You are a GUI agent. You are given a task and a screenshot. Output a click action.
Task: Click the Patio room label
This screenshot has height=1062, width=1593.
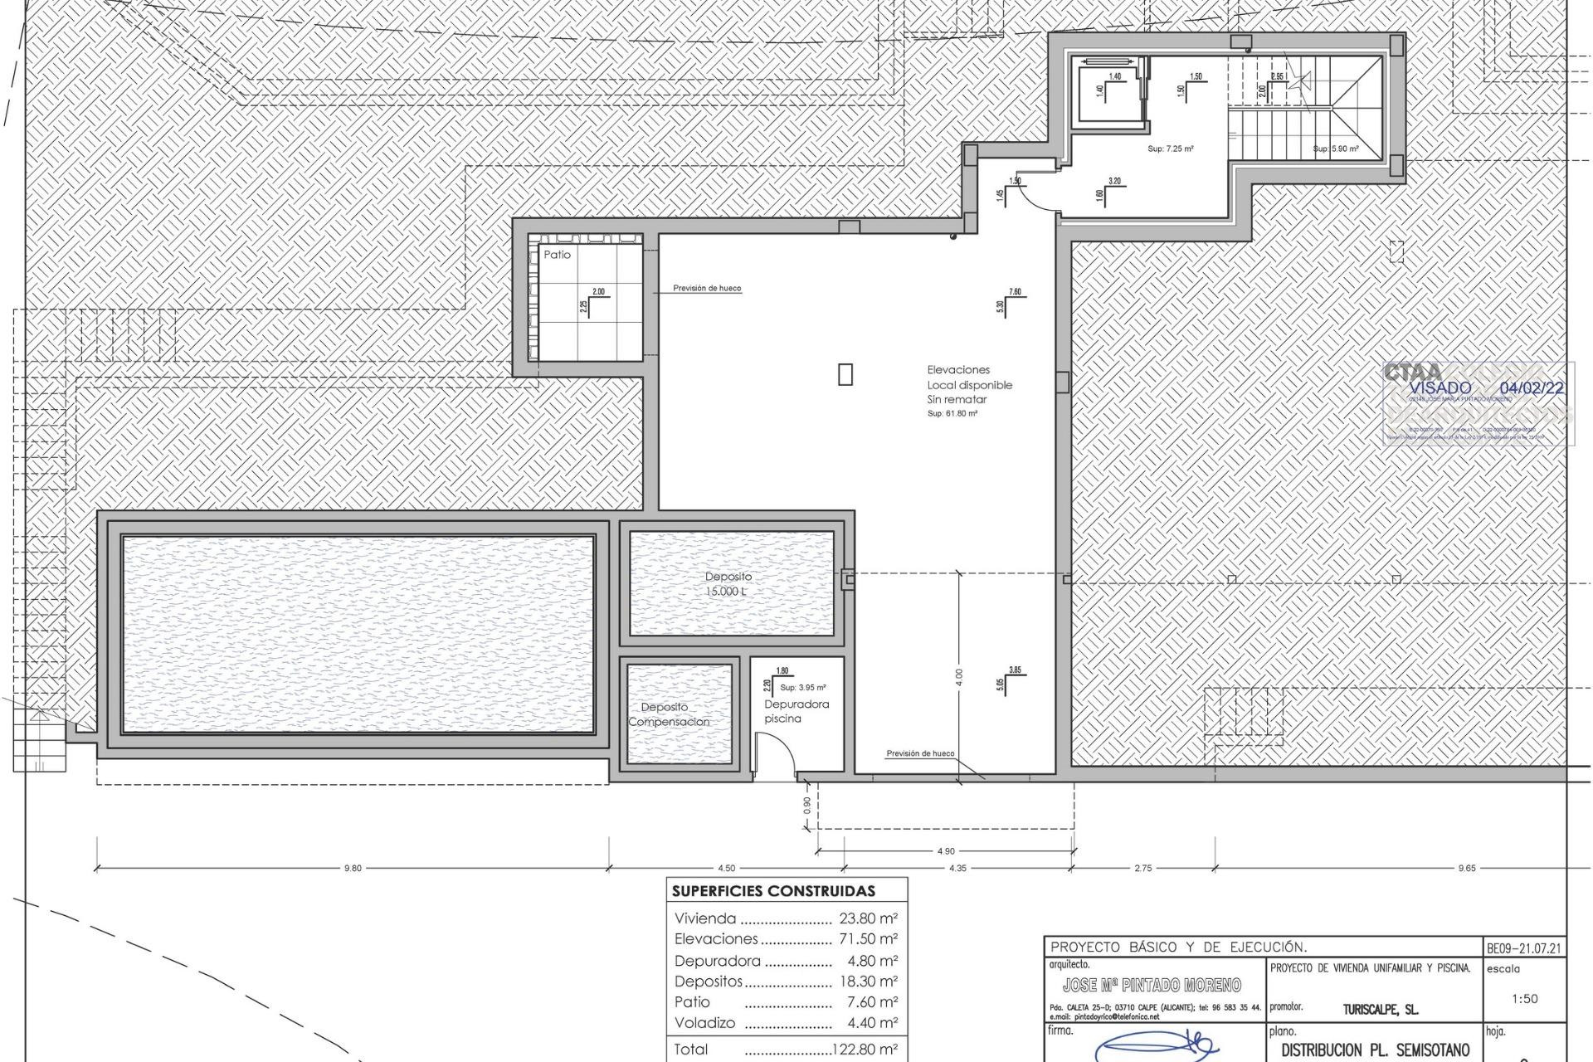click(x=557, y=255)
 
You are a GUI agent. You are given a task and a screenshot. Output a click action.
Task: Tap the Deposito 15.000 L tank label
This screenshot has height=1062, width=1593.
click(x=728, y=583)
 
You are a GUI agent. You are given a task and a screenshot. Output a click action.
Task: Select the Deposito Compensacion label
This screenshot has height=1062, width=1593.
click(x=669, y=714)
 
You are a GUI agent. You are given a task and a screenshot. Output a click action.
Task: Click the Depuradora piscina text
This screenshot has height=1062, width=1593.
click(x=796, y=711)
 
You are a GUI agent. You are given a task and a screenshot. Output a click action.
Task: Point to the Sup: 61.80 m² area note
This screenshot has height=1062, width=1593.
click(x=952, y=413)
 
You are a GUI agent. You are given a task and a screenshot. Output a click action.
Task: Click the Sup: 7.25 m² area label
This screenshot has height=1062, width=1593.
click(x=1170, y=149)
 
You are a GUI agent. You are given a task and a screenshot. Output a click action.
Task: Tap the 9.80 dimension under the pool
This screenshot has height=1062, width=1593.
click(x=353, y=869)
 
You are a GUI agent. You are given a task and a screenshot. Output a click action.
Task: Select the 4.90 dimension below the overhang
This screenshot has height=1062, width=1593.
click(x=945, y=851)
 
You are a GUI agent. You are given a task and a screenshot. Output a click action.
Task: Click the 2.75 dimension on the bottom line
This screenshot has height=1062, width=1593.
click(x=1142, y=869)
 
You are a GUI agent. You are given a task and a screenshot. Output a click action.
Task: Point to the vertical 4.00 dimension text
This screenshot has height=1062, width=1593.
click(x=958, y=676)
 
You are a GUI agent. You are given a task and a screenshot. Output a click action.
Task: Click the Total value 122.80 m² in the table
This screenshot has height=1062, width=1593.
click(x=865, y=1050)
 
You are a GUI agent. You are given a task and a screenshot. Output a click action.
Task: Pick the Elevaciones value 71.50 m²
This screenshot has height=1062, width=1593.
click(x=868, y=939)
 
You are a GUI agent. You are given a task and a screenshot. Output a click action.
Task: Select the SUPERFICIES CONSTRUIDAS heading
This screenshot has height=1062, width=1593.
click(x=773, y=892)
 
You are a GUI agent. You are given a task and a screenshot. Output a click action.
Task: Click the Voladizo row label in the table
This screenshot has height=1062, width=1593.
click(x=704, y=1023)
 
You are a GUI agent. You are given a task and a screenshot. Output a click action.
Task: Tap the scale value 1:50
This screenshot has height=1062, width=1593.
click(x=1524, y=999)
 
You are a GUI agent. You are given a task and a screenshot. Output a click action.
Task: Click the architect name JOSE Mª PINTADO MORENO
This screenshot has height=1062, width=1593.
click(x=1152, y=985)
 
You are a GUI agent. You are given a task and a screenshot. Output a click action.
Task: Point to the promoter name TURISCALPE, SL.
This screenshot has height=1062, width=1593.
click(x=1381, y=1010)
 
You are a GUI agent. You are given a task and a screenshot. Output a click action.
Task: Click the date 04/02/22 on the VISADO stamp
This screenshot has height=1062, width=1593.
click(x=1532, y=388)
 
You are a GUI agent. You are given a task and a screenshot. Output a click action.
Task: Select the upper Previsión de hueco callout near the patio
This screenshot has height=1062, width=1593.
click(x=707, y=289)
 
